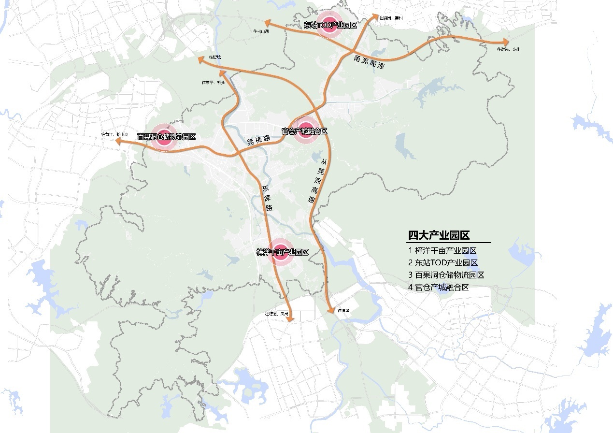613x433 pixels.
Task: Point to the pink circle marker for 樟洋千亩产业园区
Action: point(281,252)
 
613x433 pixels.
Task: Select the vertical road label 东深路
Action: point(267,198)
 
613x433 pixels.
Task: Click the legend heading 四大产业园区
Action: point(439,236)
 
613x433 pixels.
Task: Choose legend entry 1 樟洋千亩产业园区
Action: point(442,251)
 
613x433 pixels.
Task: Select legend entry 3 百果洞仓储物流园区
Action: point(446,275)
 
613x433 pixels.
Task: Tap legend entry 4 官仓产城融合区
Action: point(439,287)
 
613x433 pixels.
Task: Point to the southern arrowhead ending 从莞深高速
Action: point(331,312)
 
